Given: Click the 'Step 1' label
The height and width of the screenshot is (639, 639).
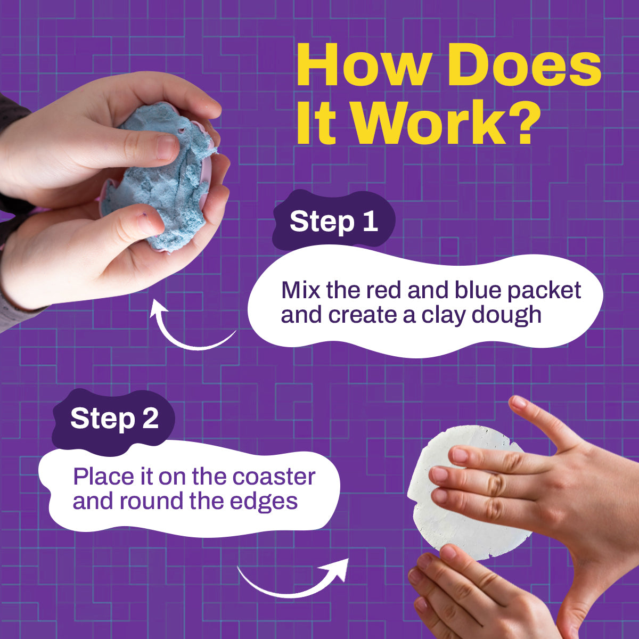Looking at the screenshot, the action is pos(333,222).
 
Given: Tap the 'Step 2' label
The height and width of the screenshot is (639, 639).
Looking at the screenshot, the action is pos(114,419).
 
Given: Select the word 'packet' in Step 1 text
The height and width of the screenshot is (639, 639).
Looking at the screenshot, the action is pos(544,291).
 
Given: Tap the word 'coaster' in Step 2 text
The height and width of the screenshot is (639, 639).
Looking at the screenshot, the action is pos(274,477).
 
